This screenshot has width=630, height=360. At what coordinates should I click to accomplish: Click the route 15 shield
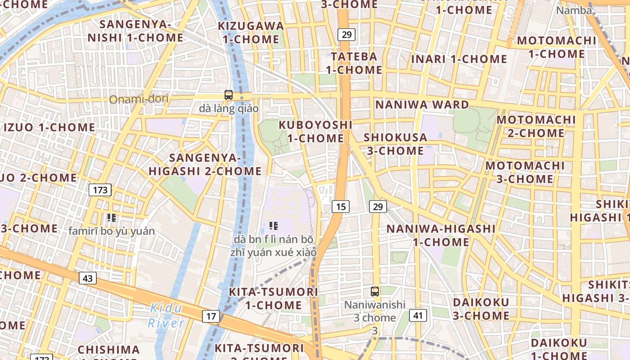click(x=341, y=207)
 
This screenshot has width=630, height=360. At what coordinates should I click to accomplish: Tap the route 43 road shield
click(x=87, y=278)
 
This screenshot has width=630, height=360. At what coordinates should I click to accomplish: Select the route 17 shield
click(x=211, y=316)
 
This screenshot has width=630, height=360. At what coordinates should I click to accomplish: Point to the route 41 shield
click(x=418, y=315)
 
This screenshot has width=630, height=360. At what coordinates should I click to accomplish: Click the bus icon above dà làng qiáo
click(x=229, y=95)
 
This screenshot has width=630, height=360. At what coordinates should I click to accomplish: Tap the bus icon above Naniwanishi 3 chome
click(x=375, y=292)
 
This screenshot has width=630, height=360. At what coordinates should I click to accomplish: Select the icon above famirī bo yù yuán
click(x=112, y=218)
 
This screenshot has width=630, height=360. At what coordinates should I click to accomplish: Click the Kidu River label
click(x=166, y=315)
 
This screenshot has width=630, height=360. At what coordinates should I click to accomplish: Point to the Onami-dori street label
click(x=139, y=99)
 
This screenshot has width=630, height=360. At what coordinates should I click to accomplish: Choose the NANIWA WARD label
click(x=422, y=105)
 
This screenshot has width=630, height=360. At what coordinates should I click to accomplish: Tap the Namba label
click(x=574, y=10)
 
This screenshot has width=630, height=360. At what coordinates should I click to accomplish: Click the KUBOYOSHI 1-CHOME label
click(x=315, y=131)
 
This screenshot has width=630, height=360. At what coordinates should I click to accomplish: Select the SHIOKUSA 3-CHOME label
click(x=395, y=144)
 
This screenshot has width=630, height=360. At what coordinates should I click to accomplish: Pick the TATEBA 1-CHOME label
click(x=354, y=63)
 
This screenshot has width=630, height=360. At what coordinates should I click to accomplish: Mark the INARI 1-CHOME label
click(x=459, y=59)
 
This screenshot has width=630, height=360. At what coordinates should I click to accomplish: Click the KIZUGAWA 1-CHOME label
click(x=251, y=32)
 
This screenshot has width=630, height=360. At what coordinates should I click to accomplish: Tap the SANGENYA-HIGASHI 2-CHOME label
click(x=205, y=164)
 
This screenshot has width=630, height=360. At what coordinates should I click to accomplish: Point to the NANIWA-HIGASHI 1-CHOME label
click(x=441, y=235)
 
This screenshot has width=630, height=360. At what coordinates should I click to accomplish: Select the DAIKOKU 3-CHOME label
click(x=481, y=309)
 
